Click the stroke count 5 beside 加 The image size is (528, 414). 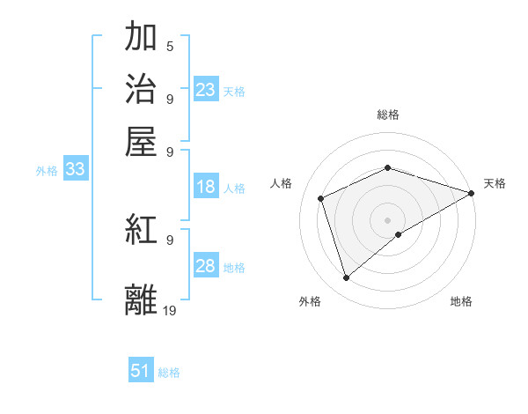click(170, 46)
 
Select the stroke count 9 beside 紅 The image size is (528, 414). click(170, 239)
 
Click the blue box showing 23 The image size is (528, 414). click(206, 90)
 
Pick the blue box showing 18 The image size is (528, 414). click(206, 187)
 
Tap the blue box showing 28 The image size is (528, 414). click(206, 266)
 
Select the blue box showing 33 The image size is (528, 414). click(75, 169)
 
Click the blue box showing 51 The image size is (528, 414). click(141, 371)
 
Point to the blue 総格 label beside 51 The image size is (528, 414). click(169, 373)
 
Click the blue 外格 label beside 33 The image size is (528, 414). click(47, 171)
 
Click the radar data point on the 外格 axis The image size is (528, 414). click(346, 278)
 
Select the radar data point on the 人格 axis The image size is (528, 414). click(321, 198)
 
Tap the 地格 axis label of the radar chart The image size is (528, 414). click(461, 301)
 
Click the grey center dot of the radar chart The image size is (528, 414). click(388, 219)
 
